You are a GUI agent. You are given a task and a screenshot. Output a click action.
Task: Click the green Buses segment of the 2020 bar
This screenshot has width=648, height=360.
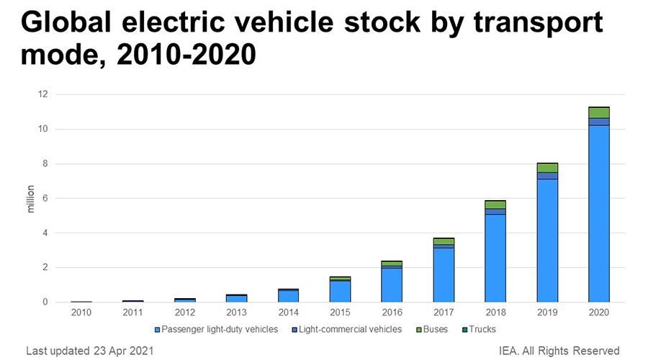click(x=598, y=112)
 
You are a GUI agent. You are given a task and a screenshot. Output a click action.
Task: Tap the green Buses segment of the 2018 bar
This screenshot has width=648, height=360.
click(x=495, y=205)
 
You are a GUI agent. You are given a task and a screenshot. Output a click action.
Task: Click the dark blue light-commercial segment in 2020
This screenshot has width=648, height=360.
click(x=598, y=122)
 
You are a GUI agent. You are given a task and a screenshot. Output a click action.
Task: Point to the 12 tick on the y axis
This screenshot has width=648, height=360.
click(x=42, y=94)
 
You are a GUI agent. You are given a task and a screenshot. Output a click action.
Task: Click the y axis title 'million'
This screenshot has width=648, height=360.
click(x=30, y=199)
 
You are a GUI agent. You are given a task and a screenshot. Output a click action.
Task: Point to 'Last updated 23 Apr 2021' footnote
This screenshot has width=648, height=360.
click(x=89, y=351)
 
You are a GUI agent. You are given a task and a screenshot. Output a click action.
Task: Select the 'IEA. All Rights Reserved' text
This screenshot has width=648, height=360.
click(x=559, y=351)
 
